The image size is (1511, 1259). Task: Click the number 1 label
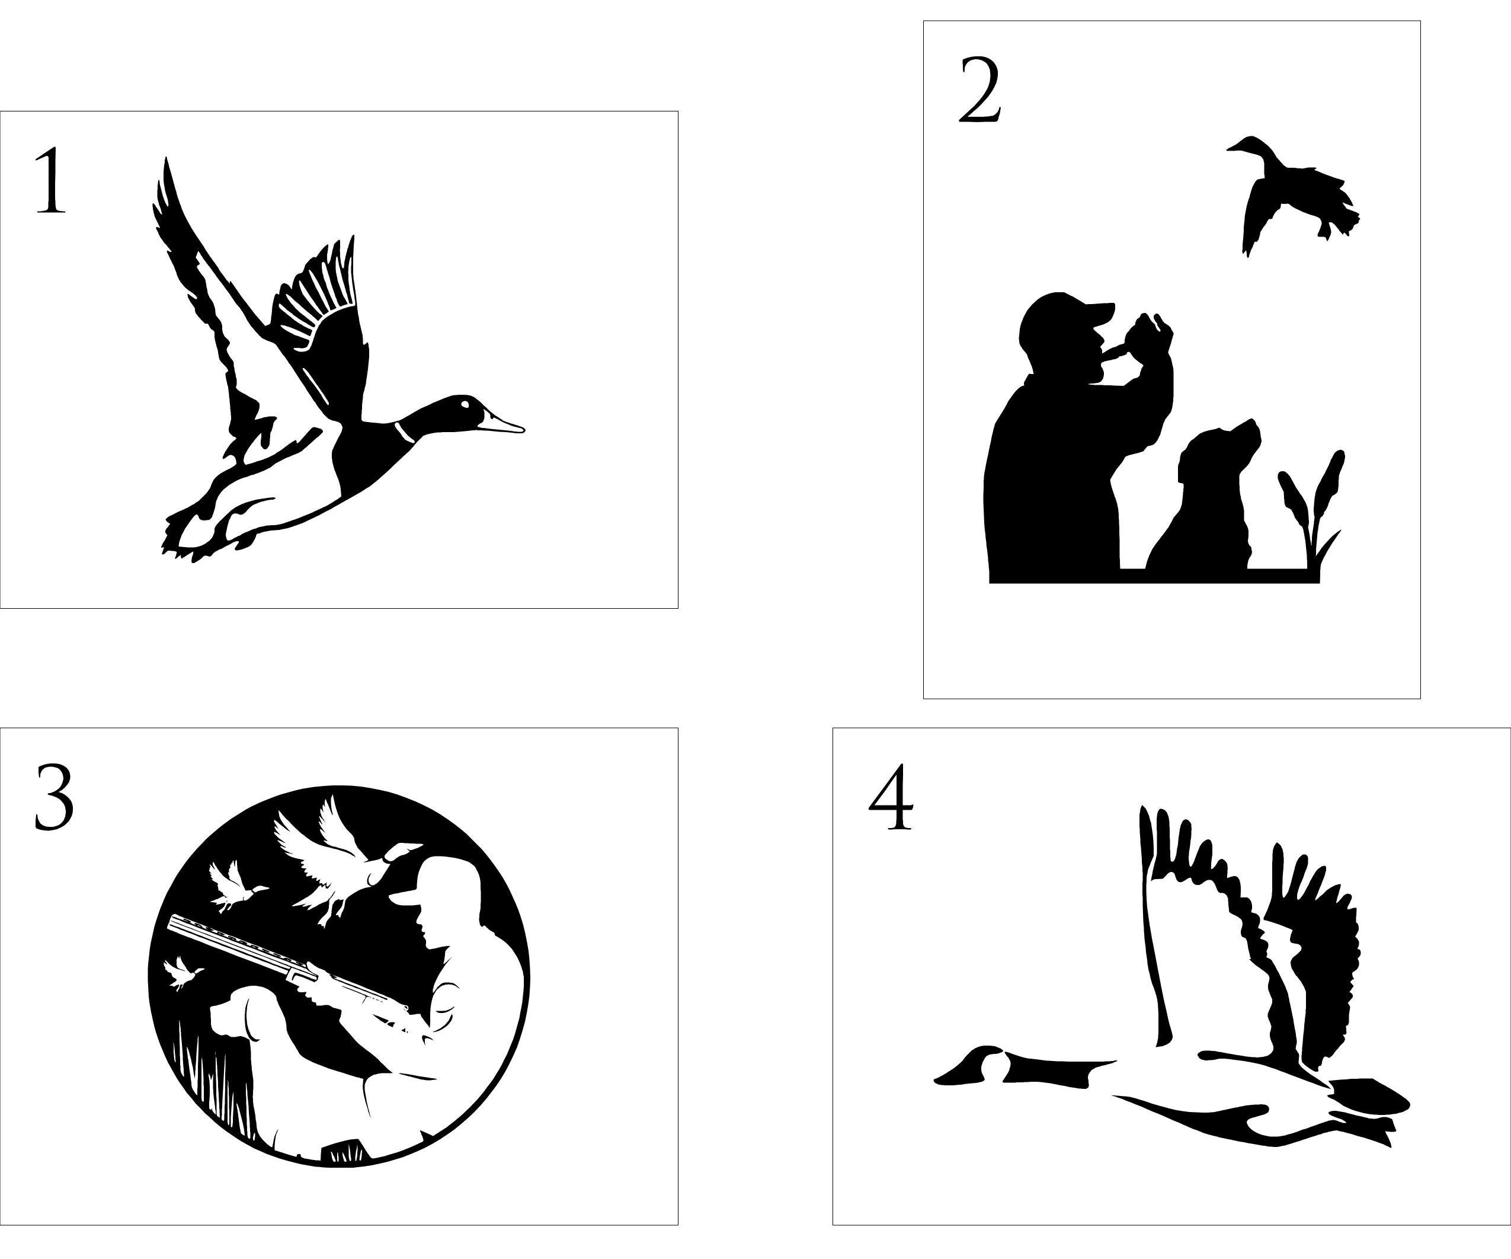pyautogui.click(x=50, y=180)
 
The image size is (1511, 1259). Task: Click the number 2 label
pyautogui.click(x=980, y=90)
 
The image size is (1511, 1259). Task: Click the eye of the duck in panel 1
pyautogui.click(x=465, y=404)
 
